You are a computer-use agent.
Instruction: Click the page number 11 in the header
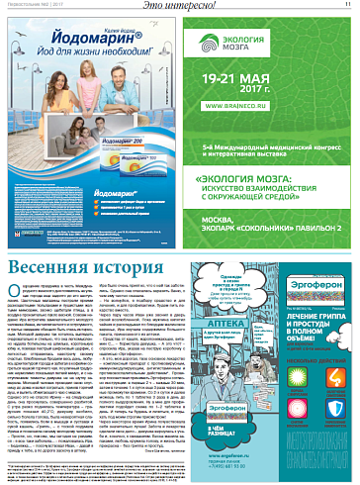pos(348,5)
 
